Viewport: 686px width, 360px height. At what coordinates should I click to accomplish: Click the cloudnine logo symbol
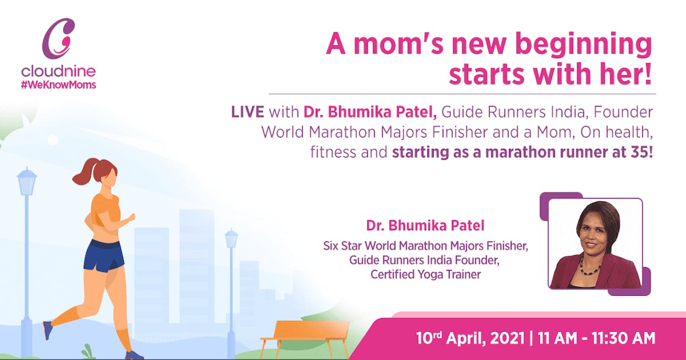coord(58,38)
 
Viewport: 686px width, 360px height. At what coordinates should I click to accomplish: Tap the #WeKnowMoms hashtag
coord(59,85)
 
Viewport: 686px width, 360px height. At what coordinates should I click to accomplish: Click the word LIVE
coord(247,112)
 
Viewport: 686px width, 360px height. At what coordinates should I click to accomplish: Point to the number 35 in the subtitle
coord(638,152)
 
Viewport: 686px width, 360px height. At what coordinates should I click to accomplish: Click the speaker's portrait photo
coord(595,244)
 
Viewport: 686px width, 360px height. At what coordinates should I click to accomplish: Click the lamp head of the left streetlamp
coord(27,181)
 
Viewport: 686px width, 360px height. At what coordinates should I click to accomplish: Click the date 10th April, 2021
coord(470,338)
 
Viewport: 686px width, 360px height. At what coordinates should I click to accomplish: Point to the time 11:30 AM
coord(623,338)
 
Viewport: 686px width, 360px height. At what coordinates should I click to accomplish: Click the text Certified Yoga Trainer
coord(425,274)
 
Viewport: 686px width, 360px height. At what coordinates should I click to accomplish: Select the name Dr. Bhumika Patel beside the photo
coord(425,226)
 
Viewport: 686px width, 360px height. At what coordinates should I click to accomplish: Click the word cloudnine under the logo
coord(59,71)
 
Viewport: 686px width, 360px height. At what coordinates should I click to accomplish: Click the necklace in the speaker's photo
coord(590,267)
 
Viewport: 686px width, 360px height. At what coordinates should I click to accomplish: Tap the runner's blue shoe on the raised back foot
coord(48,330)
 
